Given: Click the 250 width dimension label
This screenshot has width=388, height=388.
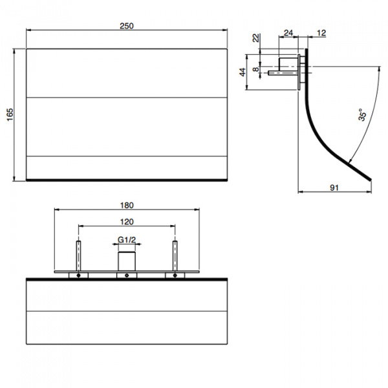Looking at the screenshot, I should [x=127, y=26].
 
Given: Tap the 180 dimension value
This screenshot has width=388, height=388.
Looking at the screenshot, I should [x=127, y=205].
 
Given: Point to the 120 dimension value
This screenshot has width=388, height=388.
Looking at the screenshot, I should [x=127, y=221].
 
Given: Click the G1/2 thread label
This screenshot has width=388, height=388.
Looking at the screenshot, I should [x=127, y=240].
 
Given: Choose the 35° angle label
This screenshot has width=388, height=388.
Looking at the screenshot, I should [x=363, y=115].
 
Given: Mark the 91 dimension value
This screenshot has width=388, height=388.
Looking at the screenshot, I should [x=334, y=188].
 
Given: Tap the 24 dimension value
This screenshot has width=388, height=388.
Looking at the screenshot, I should [x=288, y=33].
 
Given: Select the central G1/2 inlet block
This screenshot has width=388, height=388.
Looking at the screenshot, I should [x=127, y=261].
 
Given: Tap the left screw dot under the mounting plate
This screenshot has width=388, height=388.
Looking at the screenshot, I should [x=79, y=275].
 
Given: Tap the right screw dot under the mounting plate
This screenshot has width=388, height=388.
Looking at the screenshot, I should [x=174, y=275].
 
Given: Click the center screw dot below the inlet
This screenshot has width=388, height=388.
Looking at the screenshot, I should [x=127, y=275].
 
